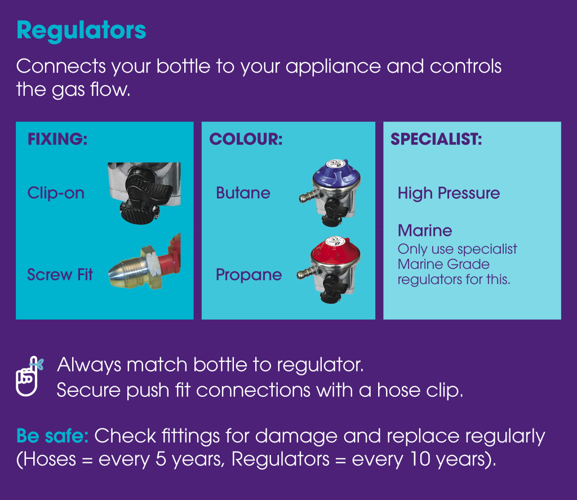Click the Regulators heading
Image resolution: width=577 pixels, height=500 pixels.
(81, 31)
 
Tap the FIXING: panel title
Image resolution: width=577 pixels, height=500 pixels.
(58, 139)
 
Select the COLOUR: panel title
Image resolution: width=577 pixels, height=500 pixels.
(246, 139)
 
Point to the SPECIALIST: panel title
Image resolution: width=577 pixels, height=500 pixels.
(436, 139)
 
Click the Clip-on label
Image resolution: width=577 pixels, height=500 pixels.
(56, 193)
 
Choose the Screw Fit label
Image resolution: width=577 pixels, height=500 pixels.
(60, 275)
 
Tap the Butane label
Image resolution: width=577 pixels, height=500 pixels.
(243, 193)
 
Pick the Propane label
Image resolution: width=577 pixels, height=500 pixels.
(248, 275)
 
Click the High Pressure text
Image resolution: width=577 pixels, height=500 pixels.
(449, 193)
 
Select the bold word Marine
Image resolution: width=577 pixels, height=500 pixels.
(425, 231)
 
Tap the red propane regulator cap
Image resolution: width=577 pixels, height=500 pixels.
(336, 251)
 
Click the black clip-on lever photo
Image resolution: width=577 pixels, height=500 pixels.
(144, 193)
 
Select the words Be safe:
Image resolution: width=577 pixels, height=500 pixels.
(52, 436)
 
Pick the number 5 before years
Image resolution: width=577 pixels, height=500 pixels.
(161, 459)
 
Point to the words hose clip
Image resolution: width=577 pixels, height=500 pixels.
(420, 390)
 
